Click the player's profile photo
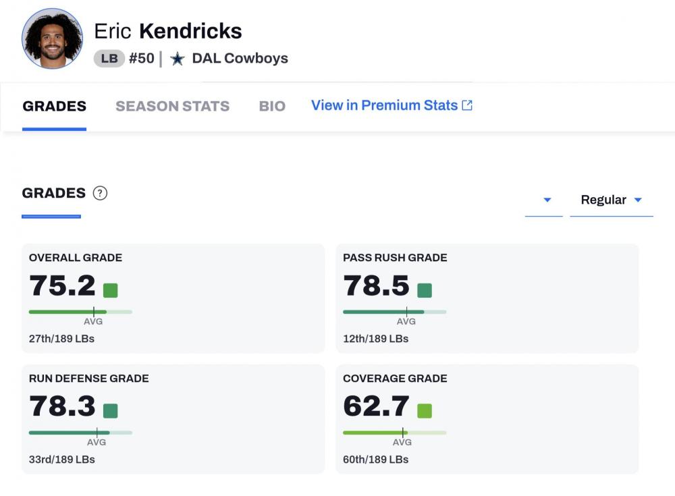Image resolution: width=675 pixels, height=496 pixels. [53, 38]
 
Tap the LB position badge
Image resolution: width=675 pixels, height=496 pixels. [109, 59]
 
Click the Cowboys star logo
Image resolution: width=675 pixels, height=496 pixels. [177, 59]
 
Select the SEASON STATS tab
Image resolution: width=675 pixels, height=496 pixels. [172, 106]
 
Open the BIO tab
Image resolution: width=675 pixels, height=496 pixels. [272, 106]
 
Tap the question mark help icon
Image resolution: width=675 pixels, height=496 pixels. [100, 193]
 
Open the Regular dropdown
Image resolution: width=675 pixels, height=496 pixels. [611, 200]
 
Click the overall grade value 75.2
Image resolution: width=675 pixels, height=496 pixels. [62, 285]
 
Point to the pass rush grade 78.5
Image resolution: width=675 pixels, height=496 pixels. [376, 285]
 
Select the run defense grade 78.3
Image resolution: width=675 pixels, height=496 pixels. [62, 406]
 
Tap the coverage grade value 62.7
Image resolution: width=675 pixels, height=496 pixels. [376, 406]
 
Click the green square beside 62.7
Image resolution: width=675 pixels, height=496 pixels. [425, 410]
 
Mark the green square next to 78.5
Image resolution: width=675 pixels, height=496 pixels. [425, 290]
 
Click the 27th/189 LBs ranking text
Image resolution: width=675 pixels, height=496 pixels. [61, 339]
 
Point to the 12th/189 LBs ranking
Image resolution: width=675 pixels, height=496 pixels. [375, 339]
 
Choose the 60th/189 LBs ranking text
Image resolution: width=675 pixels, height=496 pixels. [375, 460]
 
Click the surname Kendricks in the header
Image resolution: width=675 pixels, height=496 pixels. [190, 31]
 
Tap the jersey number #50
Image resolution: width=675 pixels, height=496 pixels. [142, 59]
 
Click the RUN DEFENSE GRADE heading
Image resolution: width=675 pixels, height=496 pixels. [88, 379]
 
